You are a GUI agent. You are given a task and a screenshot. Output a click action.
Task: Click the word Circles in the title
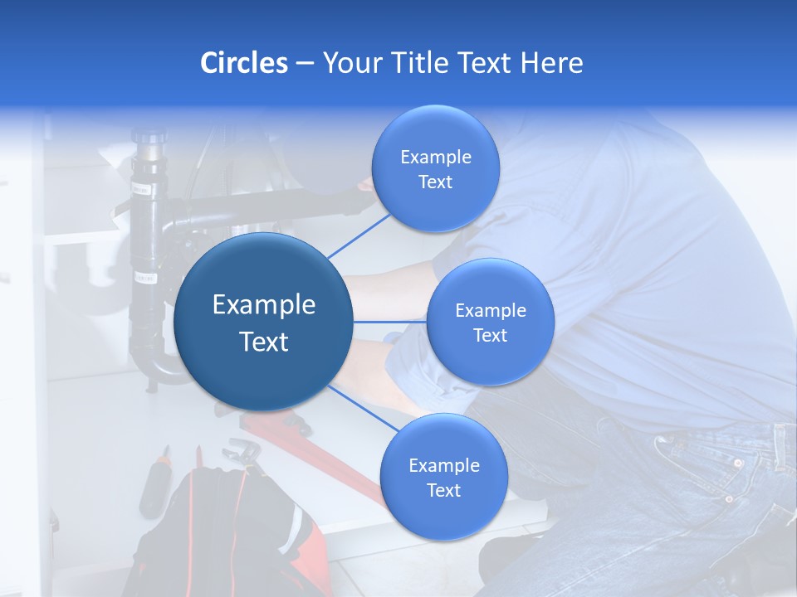(243, 63)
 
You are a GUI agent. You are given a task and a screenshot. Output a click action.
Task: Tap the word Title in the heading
(415, 63)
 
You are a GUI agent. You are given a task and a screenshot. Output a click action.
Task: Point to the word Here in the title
(551, 63)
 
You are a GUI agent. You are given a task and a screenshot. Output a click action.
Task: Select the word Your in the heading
(352, 63)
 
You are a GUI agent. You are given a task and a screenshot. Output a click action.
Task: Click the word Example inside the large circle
(263, 305)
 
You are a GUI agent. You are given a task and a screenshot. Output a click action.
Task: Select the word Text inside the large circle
(263, 342)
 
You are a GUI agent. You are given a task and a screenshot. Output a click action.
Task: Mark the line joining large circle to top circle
(359, 233)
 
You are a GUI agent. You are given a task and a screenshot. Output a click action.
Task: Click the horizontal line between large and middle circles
(390, 321)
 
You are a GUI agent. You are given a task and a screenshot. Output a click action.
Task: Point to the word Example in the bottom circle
(443, 466)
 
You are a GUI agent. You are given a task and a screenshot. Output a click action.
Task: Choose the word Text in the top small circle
(435, 182)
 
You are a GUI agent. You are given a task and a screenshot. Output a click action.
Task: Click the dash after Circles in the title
(305, 63)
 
